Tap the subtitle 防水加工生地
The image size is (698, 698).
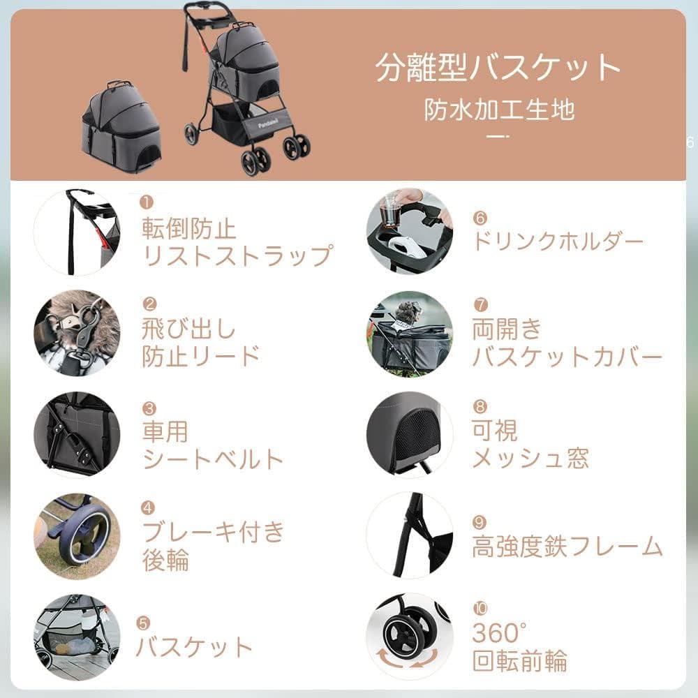pos(500,110)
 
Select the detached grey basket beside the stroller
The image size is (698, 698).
pos(123,130)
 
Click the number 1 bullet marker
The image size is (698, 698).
pos(147,202)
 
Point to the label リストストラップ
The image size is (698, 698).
pos(237,255)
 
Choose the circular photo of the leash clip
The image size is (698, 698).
pos(77,333)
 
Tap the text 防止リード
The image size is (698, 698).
pos(201,356)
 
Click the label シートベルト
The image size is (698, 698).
pos(213,459)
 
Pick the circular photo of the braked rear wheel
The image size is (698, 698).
pos(77,536)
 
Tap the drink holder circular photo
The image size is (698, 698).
pos(410,231)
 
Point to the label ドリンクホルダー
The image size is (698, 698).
pos(557,242)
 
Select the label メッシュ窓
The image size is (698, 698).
pos(530,459)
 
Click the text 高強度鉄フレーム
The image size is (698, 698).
pos(567,547)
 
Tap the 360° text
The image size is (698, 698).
pos(498,633)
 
